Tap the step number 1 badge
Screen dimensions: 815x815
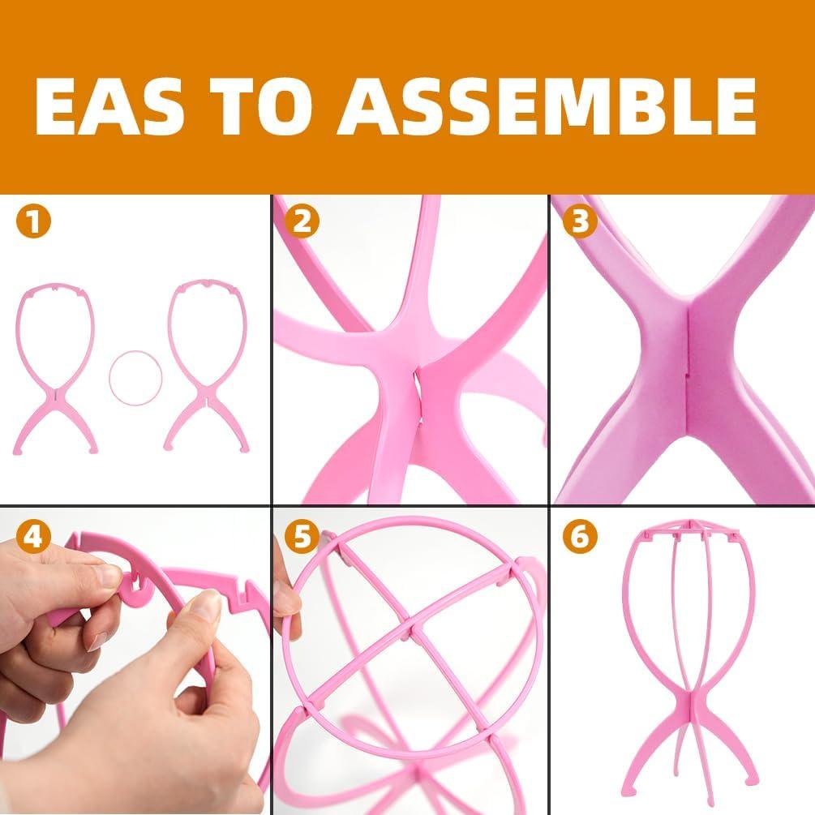[x=32, y=221]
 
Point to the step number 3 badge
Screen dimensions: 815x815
[x=580, y=221]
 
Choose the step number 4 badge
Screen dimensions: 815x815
[x=32, y=536]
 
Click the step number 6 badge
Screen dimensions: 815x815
[x=580, y=536]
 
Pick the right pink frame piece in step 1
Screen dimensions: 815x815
[x=207, y=365]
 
